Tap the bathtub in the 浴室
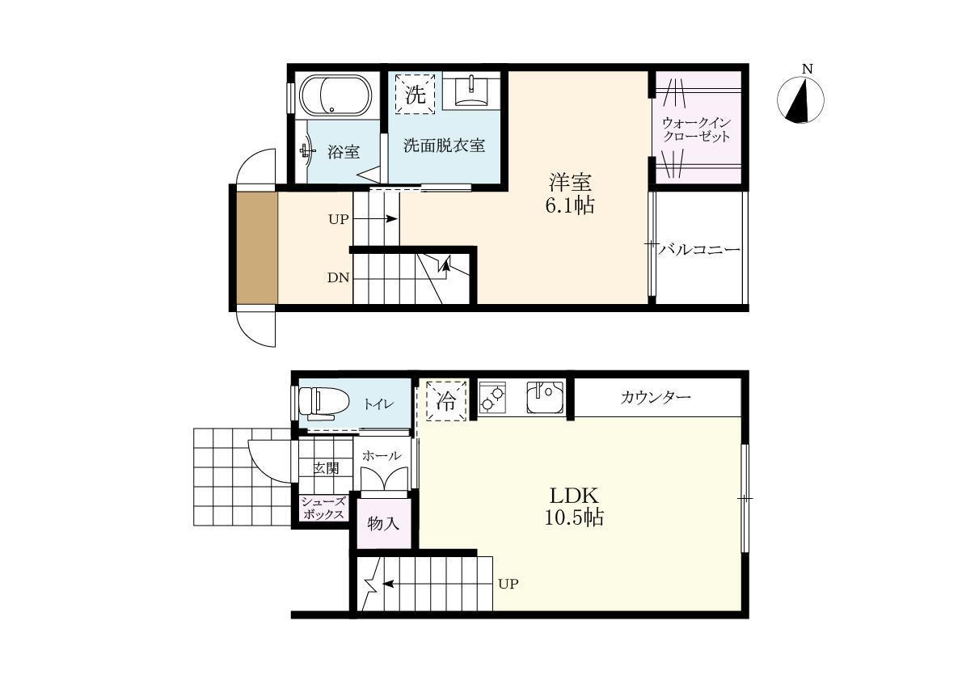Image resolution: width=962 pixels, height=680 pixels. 335,95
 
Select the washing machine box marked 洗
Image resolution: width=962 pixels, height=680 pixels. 415,94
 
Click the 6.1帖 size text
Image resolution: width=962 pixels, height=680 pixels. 570,205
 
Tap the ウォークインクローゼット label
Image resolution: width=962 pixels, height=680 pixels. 696,129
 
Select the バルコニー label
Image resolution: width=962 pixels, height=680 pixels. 699,250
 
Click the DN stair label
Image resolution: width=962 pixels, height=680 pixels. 339,278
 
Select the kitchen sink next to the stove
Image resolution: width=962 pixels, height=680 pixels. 545,397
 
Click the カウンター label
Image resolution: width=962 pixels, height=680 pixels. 656,397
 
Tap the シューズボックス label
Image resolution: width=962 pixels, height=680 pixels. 323,509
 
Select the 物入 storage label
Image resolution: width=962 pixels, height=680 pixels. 383,523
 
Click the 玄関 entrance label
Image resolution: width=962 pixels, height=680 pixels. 326,468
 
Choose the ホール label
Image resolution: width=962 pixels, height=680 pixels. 382,456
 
